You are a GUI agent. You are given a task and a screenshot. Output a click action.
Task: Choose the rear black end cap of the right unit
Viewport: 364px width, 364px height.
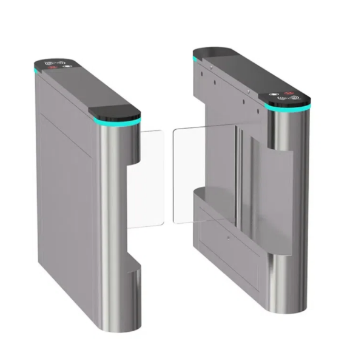click(x=209, y=51)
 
